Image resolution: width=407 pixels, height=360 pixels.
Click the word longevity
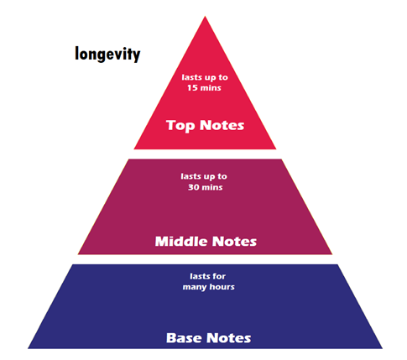[107, 54]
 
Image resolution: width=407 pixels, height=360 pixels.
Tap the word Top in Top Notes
[180, 125]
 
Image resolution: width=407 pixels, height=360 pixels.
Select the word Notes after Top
[222, 125]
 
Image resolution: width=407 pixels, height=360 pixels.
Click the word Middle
[181, 241]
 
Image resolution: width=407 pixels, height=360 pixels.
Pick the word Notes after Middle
[234, 242]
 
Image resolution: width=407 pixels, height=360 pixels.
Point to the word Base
[185, 338]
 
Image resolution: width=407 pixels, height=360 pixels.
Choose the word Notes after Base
[229, 338]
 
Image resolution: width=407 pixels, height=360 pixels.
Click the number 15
[192, 88]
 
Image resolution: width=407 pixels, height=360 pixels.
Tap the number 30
[193, 187]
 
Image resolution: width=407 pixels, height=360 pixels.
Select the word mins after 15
[211, 88]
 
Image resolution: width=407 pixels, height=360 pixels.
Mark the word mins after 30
[212, 187]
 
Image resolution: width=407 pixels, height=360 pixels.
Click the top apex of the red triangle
[205, 16]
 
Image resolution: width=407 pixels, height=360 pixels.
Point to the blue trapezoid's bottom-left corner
[28, 348]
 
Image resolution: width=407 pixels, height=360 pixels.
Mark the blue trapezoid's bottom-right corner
[383, 348]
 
